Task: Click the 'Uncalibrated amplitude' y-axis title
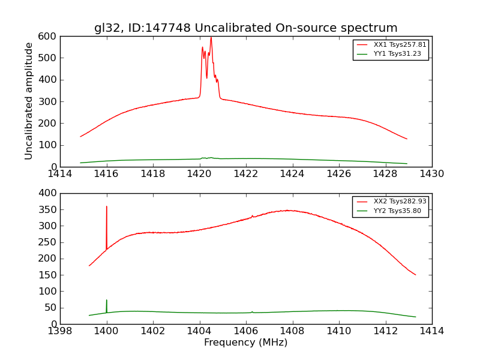(x=29, y=101)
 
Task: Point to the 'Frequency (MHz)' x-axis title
(x=245, y=343)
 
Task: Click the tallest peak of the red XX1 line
(x=211, y=38)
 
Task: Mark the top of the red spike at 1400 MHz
(x=107, y=206)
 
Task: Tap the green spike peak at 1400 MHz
(x=107, y=300)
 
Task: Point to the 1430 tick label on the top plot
(x=431, y=174)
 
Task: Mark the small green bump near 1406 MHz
(x=252, y=312)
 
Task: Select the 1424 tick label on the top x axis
(x=292, y=174)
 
